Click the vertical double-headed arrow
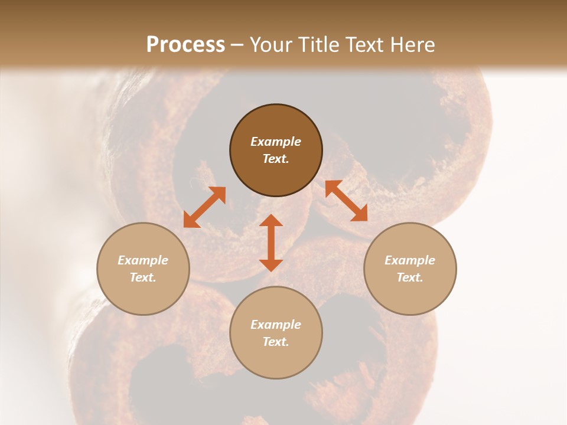tap(271, 243)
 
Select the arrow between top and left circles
tap(204, 207)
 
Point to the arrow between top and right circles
tap(346, 201)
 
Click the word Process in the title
tap(185, 44)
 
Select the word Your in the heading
tap(270, 44)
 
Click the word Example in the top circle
tap(276, 142)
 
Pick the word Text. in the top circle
tap(276, 159)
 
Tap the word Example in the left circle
tap(143, 260)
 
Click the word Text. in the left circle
tap(143, 277)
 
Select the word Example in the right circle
tap(410, 260)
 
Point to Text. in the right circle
tap(410, 277)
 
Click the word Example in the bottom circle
tap(276, 325)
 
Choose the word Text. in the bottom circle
tap(276, 342)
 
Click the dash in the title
tap(237, 45)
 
